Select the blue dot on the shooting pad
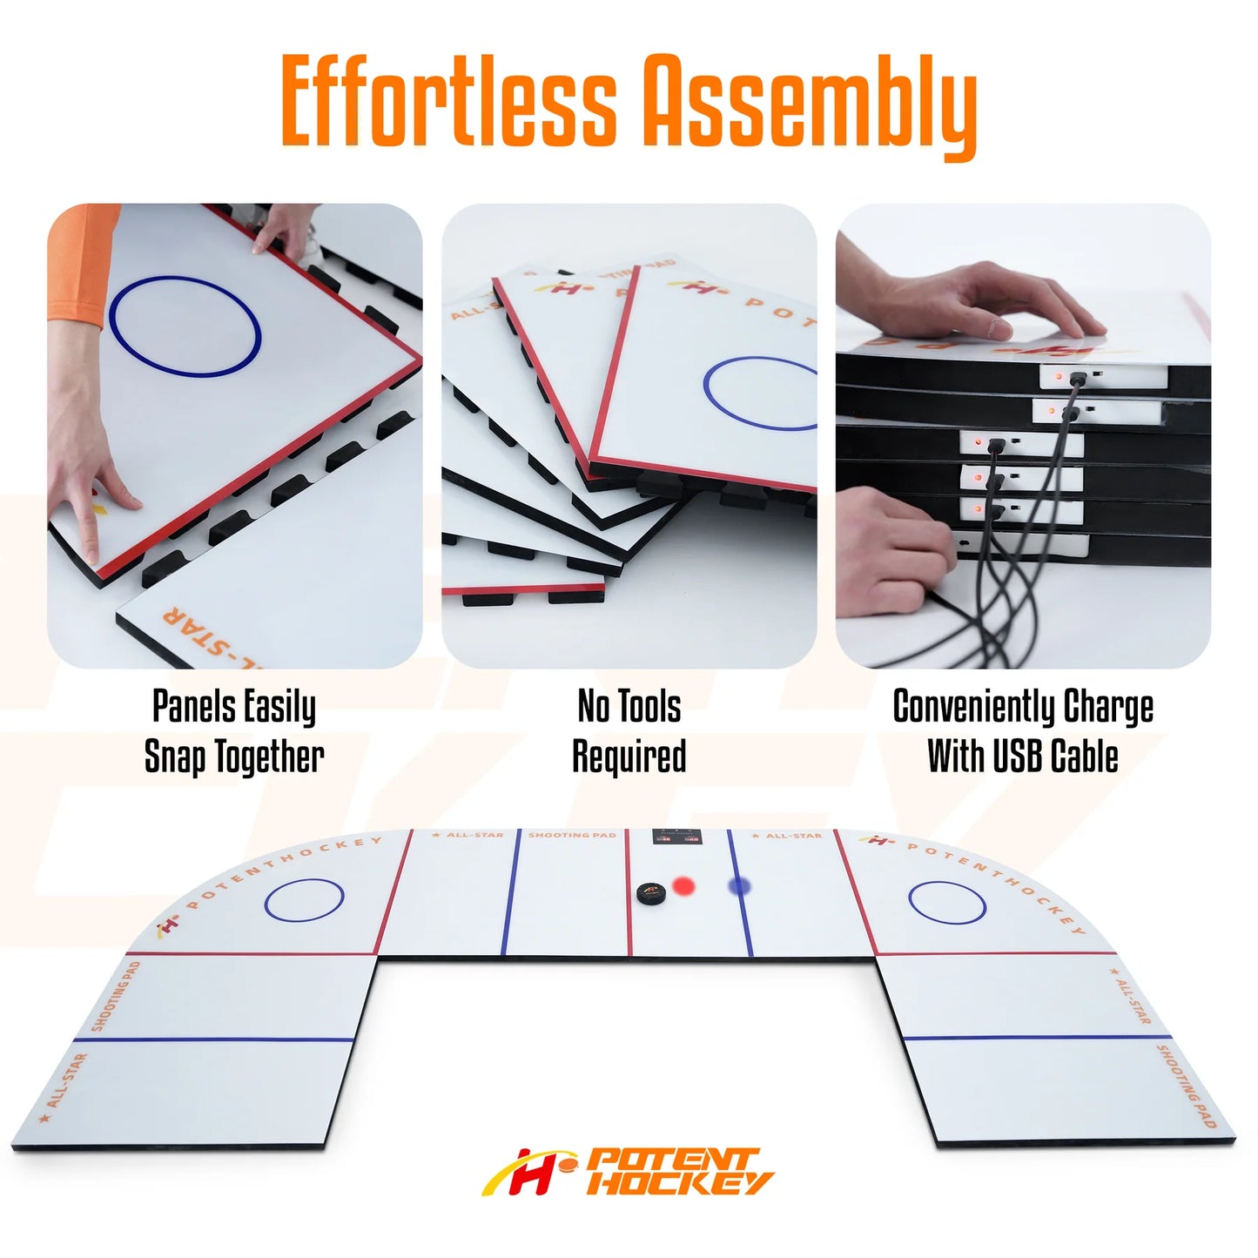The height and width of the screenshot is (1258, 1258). point(739,886)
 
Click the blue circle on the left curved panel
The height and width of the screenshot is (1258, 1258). point(304,900)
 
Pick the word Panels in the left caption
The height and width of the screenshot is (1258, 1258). point(194,706)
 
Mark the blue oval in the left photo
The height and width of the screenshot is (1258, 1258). point(185,326)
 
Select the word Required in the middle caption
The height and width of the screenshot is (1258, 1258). point(629,756)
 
